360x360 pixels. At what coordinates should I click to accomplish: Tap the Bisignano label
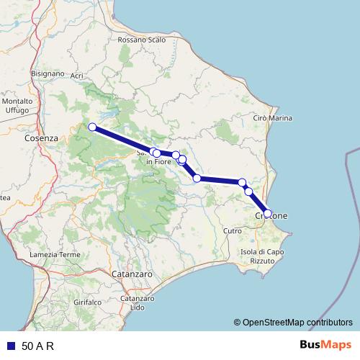point(49,73)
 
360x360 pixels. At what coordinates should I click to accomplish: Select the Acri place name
point(78,75)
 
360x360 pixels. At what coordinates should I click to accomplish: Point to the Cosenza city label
point(40,137)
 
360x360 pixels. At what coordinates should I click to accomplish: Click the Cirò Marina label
point(273,117)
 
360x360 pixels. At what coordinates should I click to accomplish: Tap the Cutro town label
point(233,230)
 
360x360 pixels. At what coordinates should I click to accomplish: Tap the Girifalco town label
point(87,303)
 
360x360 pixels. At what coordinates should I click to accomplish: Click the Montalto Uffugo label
point(16,105)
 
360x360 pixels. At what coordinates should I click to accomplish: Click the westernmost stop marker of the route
point(91,127)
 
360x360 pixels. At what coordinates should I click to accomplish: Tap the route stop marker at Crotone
point(268,213)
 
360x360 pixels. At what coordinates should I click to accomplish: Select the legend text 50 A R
point(38,346)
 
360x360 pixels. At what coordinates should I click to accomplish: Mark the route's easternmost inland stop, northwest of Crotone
point(242,182)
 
